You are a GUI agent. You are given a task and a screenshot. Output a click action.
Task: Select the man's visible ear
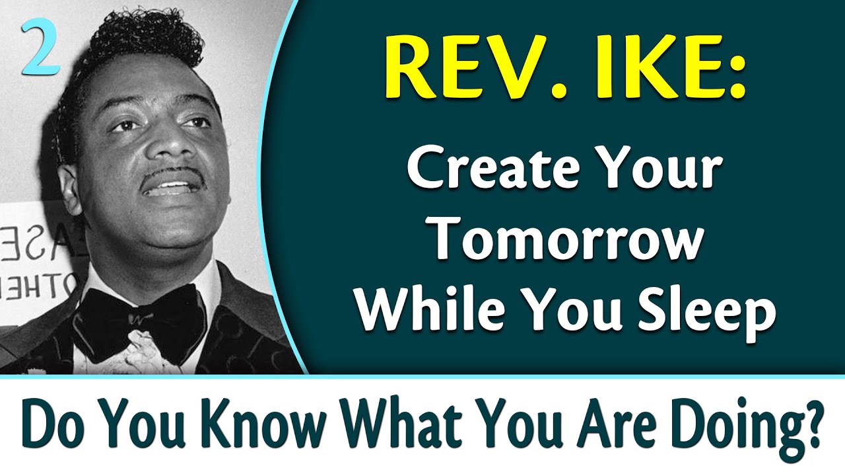[x=69, y=188]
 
